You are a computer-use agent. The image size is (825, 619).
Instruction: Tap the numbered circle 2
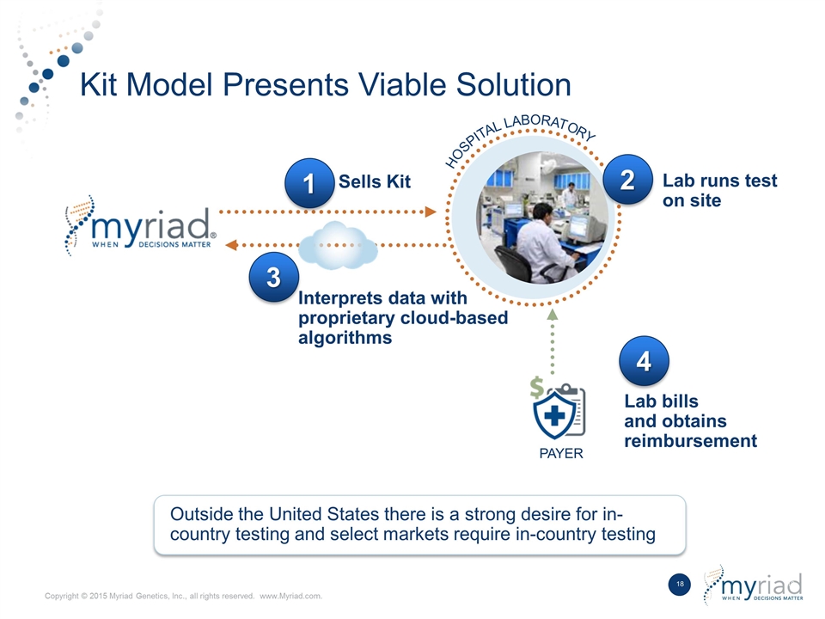pyautogui.click(x=627, y=181)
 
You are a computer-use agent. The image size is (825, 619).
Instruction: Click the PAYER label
pyautogui.click(x=560, y=454)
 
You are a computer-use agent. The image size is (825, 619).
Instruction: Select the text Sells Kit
pyautogui.click(x=375, y=181)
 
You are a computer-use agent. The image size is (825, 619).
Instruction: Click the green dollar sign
pyautogui.click(x=537, y=389)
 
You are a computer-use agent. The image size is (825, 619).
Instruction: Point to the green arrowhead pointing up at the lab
pyautogui.click(x=552, y=316)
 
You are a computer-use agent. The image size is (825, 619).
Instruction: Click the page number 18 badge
pyautogui.click(x=680, y=585)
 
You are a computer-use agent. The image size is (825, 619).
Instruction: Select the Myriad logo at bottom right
pyautogui.click(x=754, y=585)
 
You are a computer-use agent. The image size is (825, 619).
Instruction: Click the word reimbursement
pyautogui.click(x=690, y=441)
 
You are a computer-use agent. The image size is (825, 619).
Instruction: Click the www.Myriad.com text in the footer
pyautogui.click(x=290, y=598)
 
